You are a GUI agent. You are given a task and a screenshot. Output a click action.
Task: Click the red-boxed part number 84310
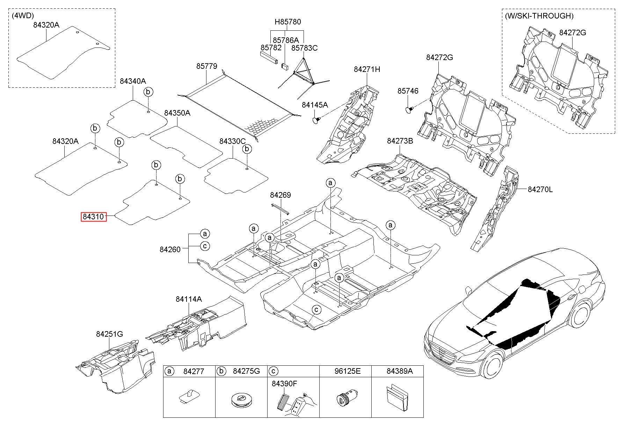point(93,217)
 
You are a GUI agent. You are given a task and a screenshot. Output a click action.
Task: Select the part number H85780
point(287,22)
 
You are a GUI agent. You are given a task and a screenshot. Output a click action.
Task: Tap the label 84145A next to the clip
point(315,105)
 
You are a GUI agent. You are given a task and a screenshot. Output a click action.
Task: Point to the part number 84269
point(280,195)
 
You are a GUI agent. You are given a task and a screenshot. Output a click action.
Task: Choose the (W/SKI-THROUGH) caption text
point(539,16)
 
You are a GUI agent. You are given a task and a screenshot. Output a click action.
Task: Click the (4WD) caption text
point(22,16)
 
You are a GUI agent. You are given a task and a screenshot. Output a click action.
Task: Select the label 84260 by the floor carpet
point(170,249)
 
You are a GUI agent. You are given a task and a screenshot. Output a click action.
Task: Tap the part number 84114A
point(189,299)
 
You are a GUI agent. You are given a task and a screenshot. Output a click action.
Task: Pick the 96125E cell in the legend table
point(345,371)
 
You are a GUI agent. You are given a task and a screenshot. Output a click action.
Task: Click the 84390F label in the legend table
point(284,384)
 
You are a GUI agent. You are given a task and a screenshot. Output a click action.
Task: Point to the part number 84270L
point(540,190)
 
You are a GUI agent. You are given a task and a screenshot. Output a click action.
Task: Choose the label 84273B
point(400,141)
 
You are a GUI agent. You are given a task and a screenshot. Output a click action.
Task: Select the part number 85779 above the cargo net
point(206,66)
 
